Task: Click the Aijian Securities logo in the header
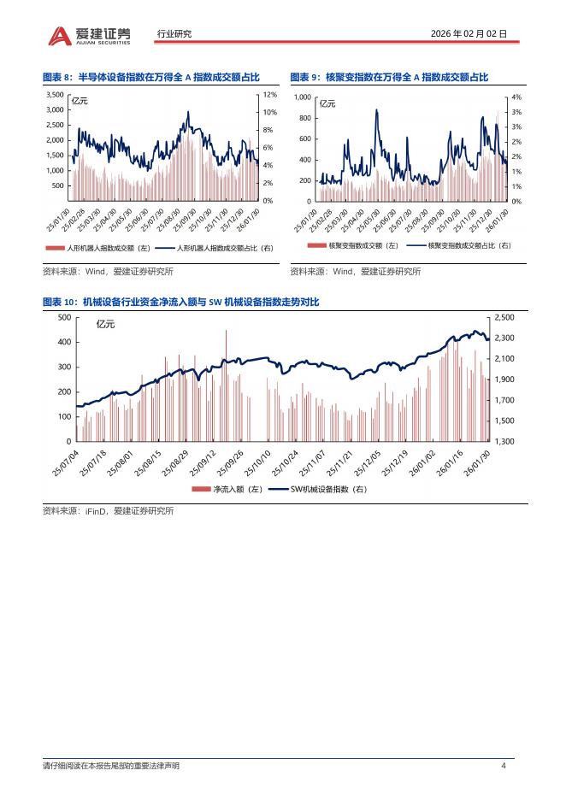pyautogui.click(x=89, y=34)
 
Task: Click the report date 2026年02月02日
pyautogui.click(x=469, y=34)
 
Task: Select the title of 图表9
pyautogui.click(x=389, y=77)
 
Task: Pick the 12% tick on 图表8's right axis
pyautogui.click(x=269, y=95)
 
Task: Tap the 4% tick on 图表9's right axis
pyautogui.click(x=516, y=98)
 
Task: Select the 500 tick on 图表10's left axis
pyautogui.click(x=63, y=317)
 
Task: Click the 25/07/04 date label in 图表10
pyautogui.click(x=66, y=462)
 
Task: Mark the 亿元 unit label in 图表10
pyautogui.click(x=105, y=324)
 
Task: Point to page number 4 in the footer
pyautogui.click(x=504, y=765)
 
